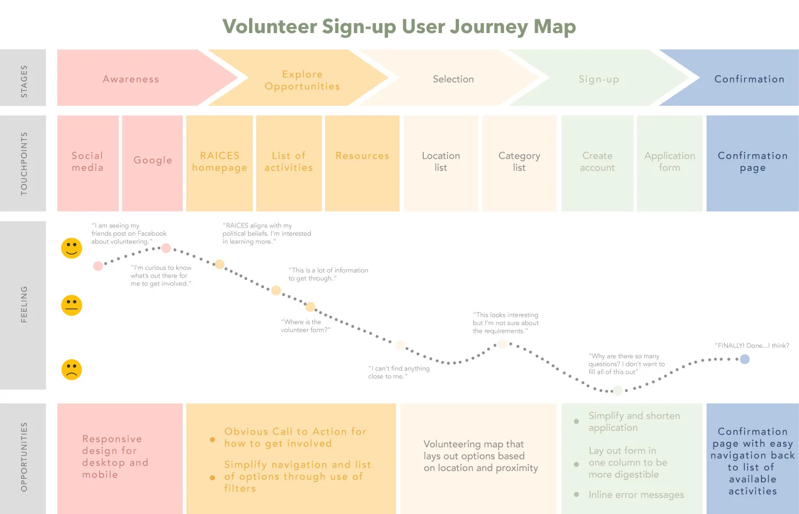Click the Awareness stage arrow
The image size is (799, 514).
pos(131,79)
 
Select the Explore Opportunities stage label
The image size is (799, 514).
pos(302,80)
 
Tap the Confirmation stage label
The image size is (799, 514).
pos(749,79)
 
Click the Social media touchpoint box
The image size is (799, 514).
pos(88,162)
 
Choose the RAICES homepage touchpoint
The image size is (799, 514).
pos(219,162)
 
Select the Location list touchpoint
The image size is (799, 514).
pos(441,162)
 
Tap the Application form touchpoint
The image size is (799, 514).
pos(670,162)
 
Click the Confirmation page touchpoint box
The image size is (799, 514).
pos(752,162)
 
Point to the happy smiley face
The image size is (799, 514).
pos(72,248)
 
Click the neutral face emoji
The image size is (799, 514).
pos(72,305)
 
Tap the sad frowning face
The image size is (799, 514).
pos(72,369)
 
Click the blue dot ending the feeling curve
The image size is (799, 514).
pos(744,359)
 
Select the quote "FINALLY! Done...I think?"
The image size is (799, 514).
pos(752,345)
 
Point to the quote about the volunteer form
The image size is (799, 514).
pos(305,326)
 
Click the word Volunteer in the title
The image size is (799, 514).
pos(269,26)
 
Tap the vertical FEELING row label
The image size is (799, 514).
pos(24,304)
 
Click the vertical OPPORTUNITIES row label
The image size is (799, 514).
pos(24,457)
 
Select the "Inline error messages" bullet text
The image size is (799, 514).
pos(636,495)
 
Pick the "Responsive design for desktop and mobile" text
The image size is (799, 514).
pos(115,457)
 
